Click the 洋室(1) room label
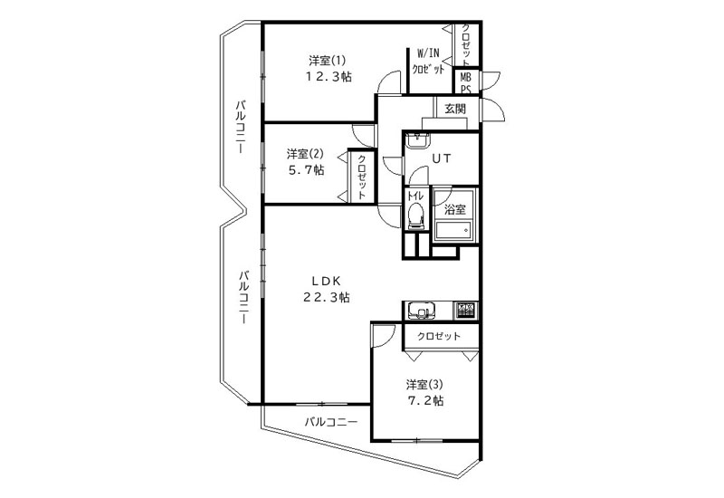(327, 61)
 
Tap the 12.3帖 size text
(328, 77)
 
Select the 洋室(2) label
(305, 153)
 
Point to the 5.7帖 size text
(306, 170)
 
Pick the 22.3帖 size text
(326, 297)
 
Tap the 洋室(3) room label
(424, 384)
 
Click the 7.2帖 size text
(425, 400)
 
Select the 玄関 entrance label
(455, 109)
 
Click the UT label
(442, 158)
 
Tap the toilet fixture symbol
(415, 215)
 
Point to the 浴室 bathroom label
(455, 210)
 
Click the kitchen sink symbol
(421, 311)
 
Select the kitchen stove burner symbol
(465, 310)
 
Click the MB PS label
(465, 83)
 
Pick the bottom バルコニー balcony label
(330, 422)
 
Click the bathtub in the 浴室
(453, 230)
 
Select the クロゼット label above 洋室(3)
(439, 336)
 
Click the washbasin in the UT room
(417, 140)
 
